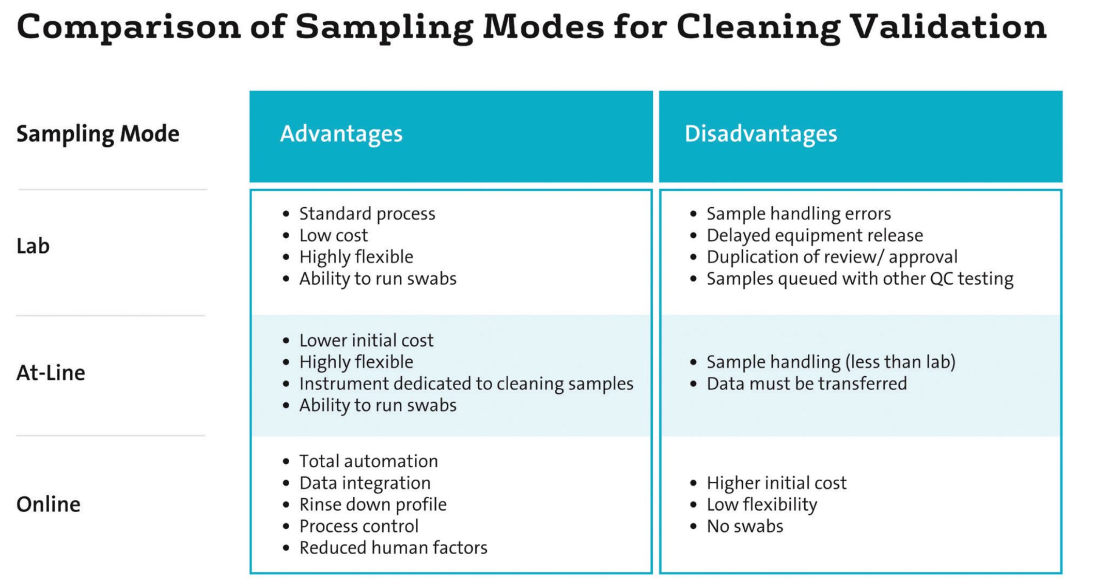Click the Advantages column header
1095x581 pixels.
341,134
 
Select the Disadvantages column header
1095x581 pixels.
760,134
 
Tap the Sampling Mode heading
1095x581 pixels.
98,134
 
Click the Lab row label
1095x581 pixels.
33,246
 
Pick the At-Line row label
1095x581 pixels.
51,373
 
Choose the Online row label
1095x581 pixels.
49,504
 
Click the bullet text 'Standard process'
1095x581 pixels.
367,213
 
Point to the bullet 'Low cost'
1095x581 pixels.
333,235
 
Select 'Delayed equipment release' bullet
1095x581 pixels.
814,235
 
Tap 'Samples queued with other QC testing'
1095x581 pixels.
859,279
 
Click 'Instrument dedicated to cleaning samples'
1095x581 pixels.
466,384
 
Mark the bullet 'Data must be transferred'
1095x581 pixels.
806,384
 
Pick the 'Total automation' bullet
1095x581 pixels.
368,461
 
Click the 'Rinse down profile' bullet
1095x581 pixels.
372,504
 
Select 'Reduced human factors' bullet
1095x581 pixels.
393,547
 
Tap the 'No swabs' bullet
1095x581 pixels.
744,526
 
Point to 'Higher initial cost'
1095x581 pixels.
776,483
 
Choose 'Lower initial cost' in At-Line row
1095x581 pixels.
366,340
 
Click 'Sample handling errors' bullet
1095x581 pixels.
799,213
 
